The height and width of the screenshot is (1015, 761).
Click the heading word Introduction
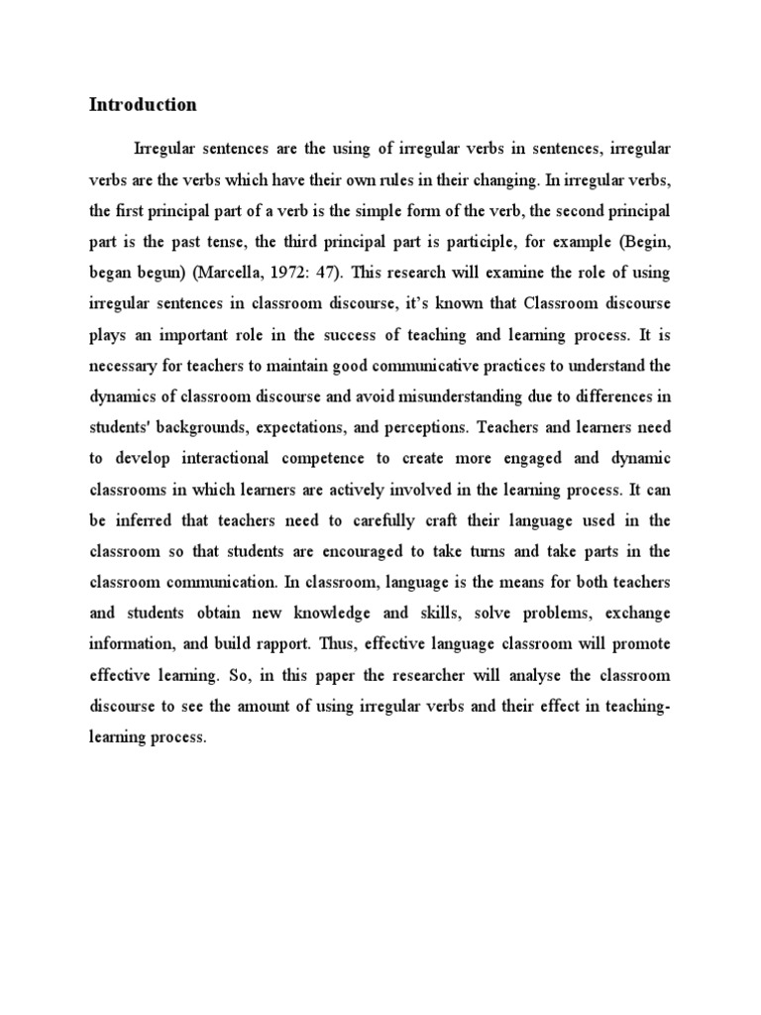pos(144,105)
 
